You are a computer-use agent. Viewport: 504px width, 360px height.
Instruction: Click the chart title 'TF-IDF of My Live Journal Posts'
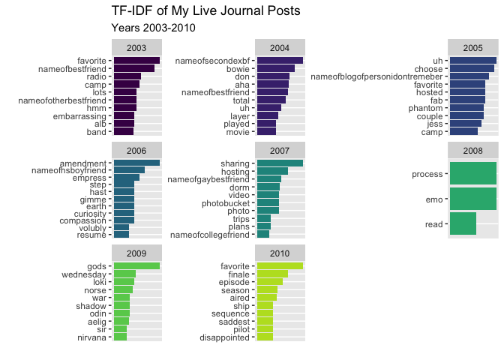coord(205,11)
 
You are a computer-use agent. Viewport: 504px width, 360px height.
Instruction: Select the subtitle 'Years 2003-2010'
coord(153,28)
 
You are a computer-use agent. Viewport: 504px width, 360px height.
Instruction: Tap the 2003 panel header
coord(136,47)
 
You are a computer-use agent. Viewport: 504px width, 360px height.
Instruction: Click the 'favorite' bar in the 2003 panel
coord(136,60)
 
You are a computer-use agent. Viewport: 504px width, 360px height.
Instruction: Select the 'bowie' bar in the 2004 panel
coord(275,68)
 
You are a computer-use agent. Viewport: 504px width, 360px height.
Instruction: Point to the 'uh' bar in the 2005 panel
coord(472,60)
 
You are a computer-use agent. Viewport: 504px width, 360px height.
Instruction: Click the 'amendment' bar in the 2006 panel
coord(136,163)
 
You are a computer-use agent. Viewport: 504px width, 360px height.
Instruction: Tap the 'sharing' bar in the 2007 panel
coord(280,163)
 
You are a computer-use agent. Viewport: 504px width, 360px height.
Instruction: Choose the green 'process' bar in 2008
coord(472,174)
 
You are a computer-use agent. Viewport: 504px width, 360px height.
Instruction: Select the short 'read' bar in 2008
coord(463,223)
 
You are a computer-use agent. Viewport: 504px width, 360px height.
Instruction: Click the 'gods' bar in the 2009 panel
coord(136,265)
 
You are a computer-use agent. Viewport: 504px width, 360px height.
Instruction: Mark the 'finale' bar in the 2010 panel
coord(272,274)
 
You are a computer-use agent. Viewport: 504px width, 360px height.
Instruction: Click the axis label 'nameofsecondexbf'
coord(217,60)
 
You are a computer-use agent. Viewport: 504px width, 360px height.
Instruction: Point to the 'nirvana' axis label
coord(91,337)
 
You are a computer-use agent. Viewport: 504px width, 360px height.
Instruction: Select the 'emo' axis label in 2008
coord(435,199)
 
